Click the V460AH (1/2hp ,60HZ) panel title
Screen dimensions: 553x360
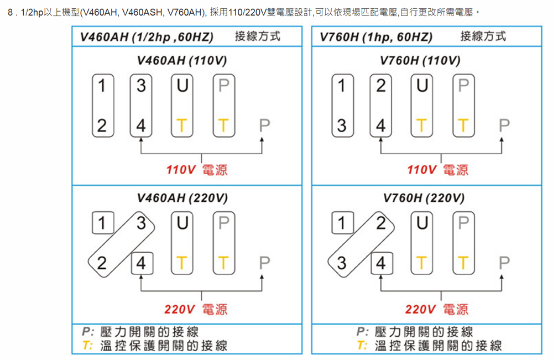tap(147, 37)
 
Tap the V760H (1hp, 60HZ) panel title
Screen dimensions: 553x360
tap(376, 37)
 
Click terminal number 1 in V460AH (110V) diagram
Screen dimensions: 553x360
tap(101, 86)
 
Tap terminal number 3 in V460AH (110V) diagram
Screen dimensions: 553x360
tap(141, 86)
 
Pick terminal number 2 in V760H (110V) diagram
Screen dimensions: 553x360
tap(381, 86)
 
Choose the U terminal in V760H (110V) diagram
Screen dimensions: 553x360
tap(421, 86)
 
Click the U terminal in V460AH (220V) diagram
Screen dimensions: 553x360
tap(181, 223)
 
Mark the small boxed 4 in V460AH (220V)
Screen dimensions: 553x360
tap(141, 262)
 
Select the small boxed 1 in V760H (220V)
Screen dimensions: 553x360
tap(342, 223)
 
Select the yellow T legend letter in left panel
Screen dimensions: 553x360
tap(87, 346)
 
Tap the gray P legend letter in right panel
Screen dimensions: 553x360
tap(362, 332)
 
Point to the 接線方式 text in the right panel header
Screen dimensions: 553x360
tap(483, 36)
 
